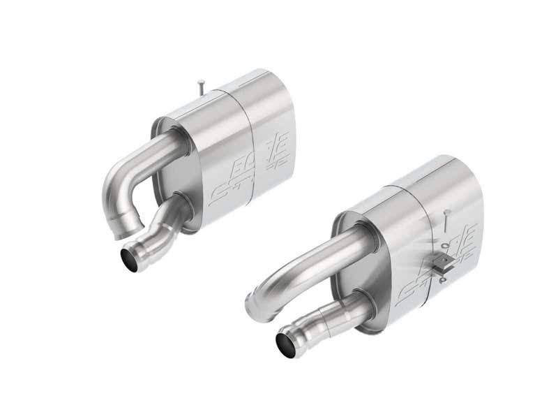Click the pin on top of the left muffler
200,87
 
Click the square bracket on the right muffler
441,263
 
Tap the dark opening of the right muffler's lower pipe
286,343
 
